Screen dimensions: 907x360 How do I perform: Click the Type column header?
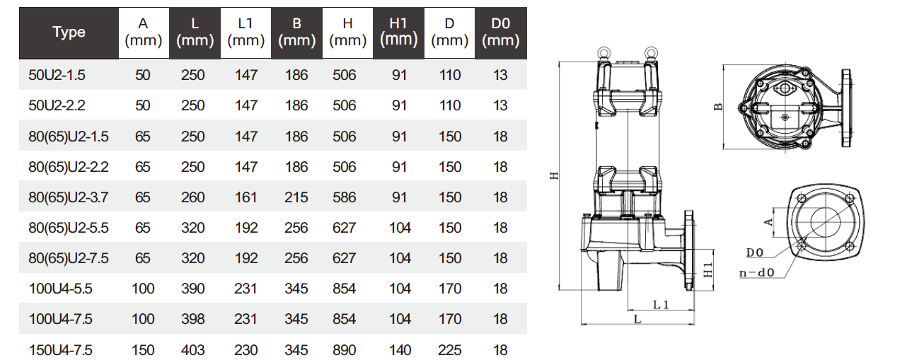coord(69,33)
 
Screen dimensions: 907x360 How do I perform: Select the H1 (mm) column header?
coord(398,33)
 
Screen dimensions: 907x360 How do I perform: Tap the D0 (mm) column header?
coord(500,33)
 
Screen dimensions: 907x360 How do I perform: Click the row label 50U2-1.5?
coord(57,75)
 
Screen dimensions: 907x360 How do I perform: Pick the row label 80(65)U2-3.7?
coord(69,197)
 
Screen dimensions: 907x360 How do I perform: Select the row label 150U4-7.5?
coord(60,350)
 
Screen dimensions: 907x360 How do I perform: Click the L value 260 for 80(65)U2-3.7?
coord(192,197)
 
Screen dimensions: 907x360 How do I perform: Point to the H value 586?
coord(344,197)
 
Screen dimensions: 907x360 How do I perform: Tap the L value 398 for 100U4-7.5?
coord(192,319)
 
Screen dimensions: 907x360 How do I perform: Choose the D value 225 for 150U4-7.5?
coord(449,350)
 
